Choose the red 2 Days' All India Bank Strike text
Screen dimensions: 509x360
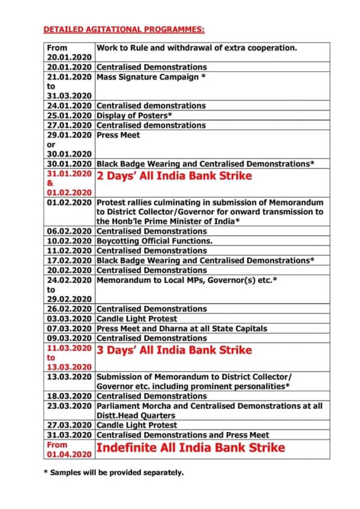click(175, 176)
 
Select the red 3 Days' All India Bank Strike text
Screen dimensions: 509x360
click(175, 350)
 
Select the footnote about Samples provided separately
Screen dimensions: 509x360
click(113, 472)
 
